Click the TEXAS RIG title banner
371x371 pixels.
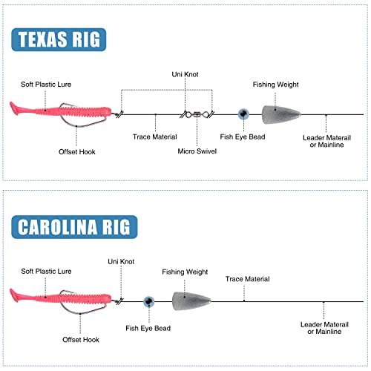point(59,39)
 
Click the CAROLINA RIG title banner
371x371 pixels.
point(74,227)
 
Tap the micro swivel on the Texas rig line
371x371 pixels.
point(197,114)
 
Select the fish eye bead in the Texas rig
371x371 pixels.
point(243,114)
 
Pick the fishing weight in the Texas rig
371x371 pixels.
point(281,115)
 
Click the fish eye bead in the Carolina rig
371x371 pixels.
point(149,301)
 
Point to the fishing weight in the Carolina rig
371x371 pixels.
point(191,301)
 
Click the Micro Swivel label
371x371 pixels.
point(197,151)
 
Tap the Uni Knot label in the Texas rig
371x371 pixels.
point(185,74)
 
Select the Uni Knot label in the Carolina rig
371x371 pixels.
point(121,261)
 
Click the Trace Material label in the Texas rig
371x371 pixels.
point(155,137)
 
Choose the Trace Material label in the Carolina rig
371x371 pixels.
point(248,279)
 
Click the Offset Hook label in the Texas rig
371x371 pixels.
point(77,152)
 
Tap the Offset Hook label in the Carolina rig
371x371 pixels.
point(81,340)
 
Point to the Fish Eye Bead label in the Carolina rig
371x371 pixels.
point(148,328)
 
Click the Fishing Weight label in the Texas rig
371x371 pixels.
point(275,85)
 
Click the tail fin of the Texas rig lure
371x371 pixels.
point(15,108)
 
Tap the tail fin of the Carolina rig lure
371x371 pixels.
point(15,295)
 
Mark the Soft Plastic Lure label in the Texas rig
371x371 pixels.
point(46,85)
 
